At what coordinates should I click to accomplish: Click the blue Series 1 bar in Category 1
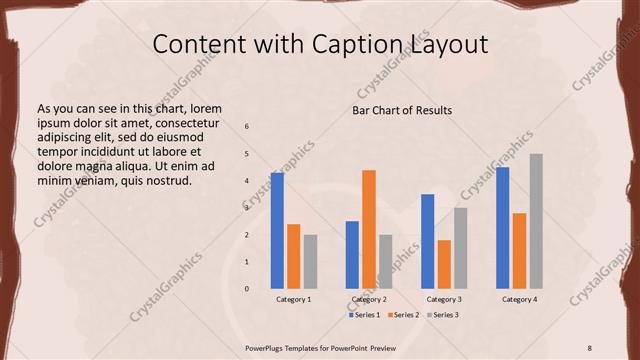coord(277,231)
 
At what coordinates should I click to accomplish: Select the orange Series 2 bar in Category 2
coord(369,229)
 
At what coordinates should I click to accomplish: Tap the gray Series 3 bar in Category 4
coord(536,221)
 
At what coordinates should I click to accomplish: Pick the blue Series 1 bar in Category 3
coord(428,241)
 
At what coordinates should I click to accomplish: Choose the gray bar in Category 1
coord(310,261)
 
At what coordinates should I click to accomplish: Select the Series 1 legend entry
coord(365,315)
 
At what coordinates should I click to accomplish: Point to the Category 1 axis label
coord(293,299)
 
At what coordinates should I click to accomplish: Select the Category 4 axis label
coord(519,299)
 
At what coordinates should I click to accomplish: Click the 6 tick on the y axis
coord(247,126)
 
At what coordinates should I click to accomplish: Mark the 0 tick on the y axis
coord(247,289)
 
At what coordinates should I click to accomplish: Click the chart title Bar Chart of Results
coord(402,110)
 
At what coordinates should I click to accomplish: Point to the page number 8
coord(590,346)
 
